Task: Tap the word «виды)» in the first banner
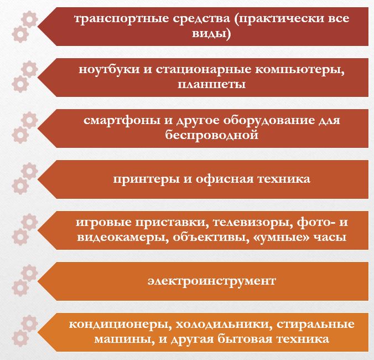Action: [211, 34]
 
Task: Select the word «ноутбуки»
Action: [109, 69]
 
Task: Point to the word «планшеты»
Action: [211, 85]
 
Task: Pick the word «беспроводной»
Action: [211, 135]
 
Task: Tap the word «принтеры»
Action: [146, 179]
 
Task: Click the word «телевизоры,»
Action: [253, 223]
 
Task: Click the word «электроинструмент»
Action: [211, 281]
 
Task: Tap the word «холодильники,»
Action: [224, 325]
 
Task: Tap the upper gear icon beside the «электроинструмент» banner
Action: [29, 272]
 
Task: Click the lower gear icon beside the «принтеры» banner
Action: [20, 186]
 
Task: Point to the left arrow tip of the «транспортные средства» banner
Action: [38, 27]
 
